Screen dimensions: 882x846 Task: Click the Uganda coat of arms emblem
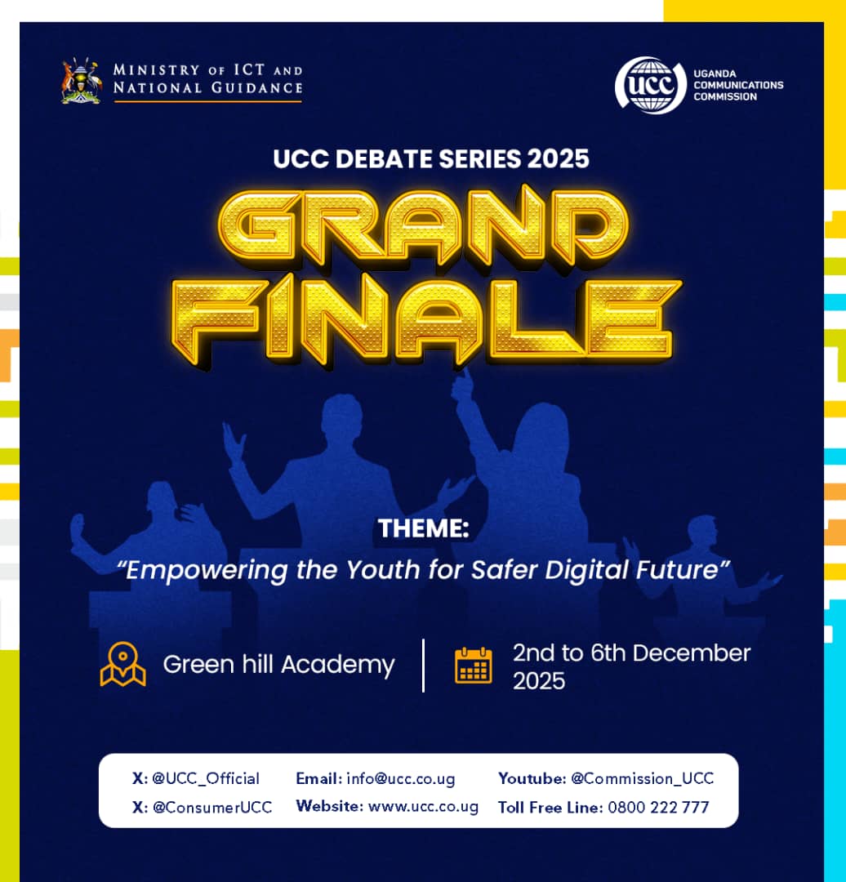coord(81,81)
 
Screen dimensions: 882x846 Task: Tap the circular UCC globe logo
coord(650,85)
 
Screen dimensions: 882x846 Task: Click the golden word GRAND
coord(423,230)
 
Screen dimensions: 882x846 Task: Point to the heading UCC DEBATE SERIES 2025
coord(431,158)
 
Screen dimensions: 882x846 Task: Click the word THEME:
coord(423,529)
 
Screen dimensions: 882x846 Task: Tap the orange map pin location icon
coord(122,664)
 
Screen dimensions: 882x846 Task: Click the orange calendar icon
coord(474,665)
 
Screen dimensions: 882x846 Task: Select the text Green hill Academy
coord(278,665)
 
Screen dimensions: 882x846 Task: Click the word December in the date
coord(692,653)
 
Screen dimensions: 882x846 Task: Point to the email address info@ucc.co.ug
coord(400,778)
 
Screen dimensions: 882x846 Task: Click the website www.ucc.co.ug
coord(423,807)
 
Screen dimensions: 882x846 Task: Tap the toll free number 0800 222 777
coord(658,808)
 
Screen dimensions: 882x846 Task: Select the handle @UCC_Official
coord(206,778)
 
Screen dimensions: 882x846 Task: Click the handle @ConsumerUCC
coord(212,808)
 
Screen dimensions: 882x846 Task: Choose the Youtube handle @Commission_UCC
coord(642,778)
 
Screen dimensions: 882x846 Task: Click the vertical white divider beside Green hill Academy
coord(423,665)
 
